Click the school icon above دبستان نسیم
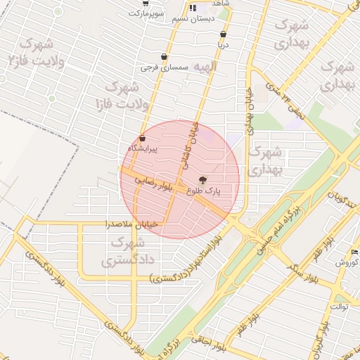193,8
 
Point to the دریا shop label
223,44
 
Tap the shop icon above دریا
223,34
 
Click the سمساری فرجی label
164,67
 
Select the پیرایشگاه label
143,148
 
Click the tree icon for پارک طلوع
203,180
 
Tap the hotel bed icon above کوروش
354,252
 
